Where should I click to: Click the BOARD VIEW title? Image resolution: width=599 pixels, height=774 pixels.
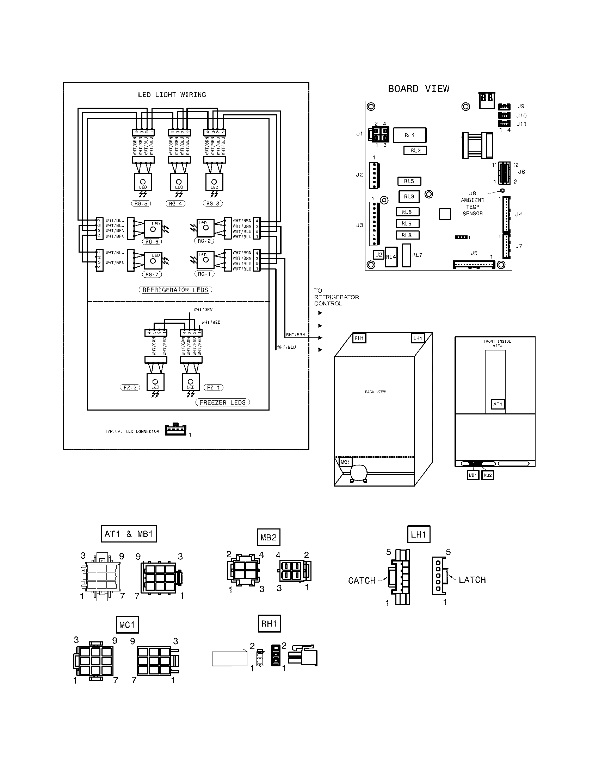[418, 89]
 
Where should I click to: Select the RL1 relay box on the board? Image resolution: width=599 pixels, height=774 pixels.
[410, 135]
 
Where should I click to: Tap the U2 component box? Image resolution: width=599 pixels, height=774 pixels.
[379, 254]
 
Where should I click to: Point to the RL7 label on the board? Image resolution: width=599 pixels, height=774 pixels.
[417, 255]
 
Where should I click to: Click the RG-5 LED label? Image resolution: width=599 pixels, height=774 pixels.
[141, 203]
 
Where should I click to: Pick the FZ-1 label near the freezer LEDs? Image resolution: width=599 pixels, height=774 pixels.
[213, 387]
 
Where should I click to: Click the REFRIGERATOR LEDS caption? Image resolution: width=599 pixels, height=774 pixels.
[175, 290]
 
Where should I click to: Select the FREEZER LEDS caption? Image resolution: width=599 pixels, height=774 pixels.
[222, 402]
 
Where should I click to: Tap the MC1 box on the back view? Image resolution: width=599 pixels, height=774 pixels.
[345, 462]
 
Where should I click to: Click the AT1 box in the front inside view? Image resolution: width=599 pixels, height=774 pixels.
[498, 404]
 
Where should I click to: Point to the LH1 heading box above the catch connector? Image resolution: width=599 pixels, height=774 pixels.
[418, 534]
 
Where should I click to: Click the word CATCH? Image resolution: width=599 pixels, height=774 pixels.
[362, 580]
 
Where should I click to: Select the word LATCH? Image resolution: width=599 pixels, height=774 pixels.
[472, 580]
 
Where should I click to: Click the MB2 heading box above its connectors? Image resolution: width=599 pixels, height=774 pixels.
[268, 537]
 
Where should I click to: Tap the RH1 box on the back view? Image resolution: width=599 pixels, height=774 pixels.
[359, 338]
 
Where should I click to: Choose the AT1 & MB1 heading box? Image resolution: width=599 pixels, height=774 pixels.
[129, 534]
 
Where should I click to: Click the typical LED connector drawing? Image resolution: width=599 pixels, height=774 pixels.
[175, 430]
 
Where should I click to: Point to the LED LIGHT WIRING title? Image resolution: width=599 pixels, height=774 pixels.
[172, 95]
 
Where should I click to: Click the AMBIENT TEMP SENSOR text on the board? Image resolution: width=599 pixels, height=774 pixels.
[472, 207]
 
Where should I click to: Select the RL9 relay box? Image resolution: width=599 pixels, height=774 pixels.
[407, 224]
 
